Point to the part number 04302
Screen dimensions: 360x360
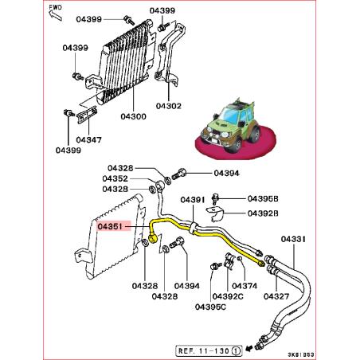[170, 105]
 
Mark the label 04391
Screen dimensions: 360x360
[194, 200]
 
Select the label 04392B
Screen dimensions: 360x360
[263, 213]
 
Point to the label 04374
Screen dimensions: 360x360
[245, 285]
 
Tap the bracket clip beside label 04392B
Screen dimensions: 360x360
[215, 213]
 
